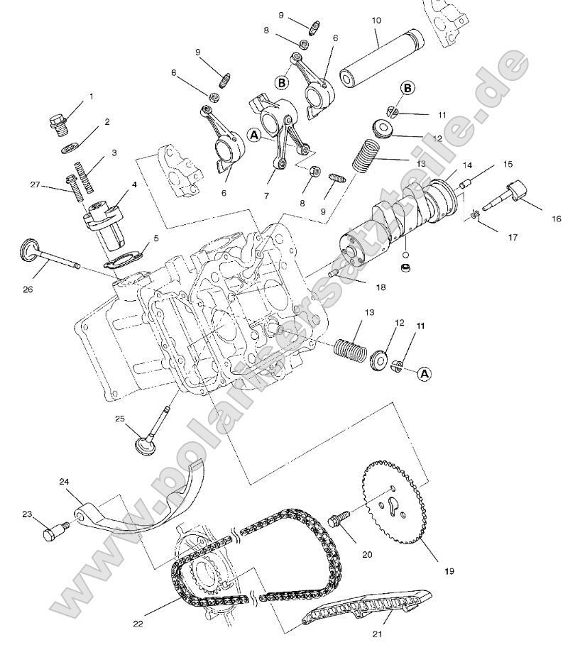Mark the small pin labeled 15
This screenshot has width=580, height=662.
(465, 186)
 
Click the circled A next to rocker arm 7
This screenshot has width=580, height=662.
(255, 133)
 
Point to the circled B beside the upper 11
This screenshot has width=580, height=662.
(407, 87)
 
